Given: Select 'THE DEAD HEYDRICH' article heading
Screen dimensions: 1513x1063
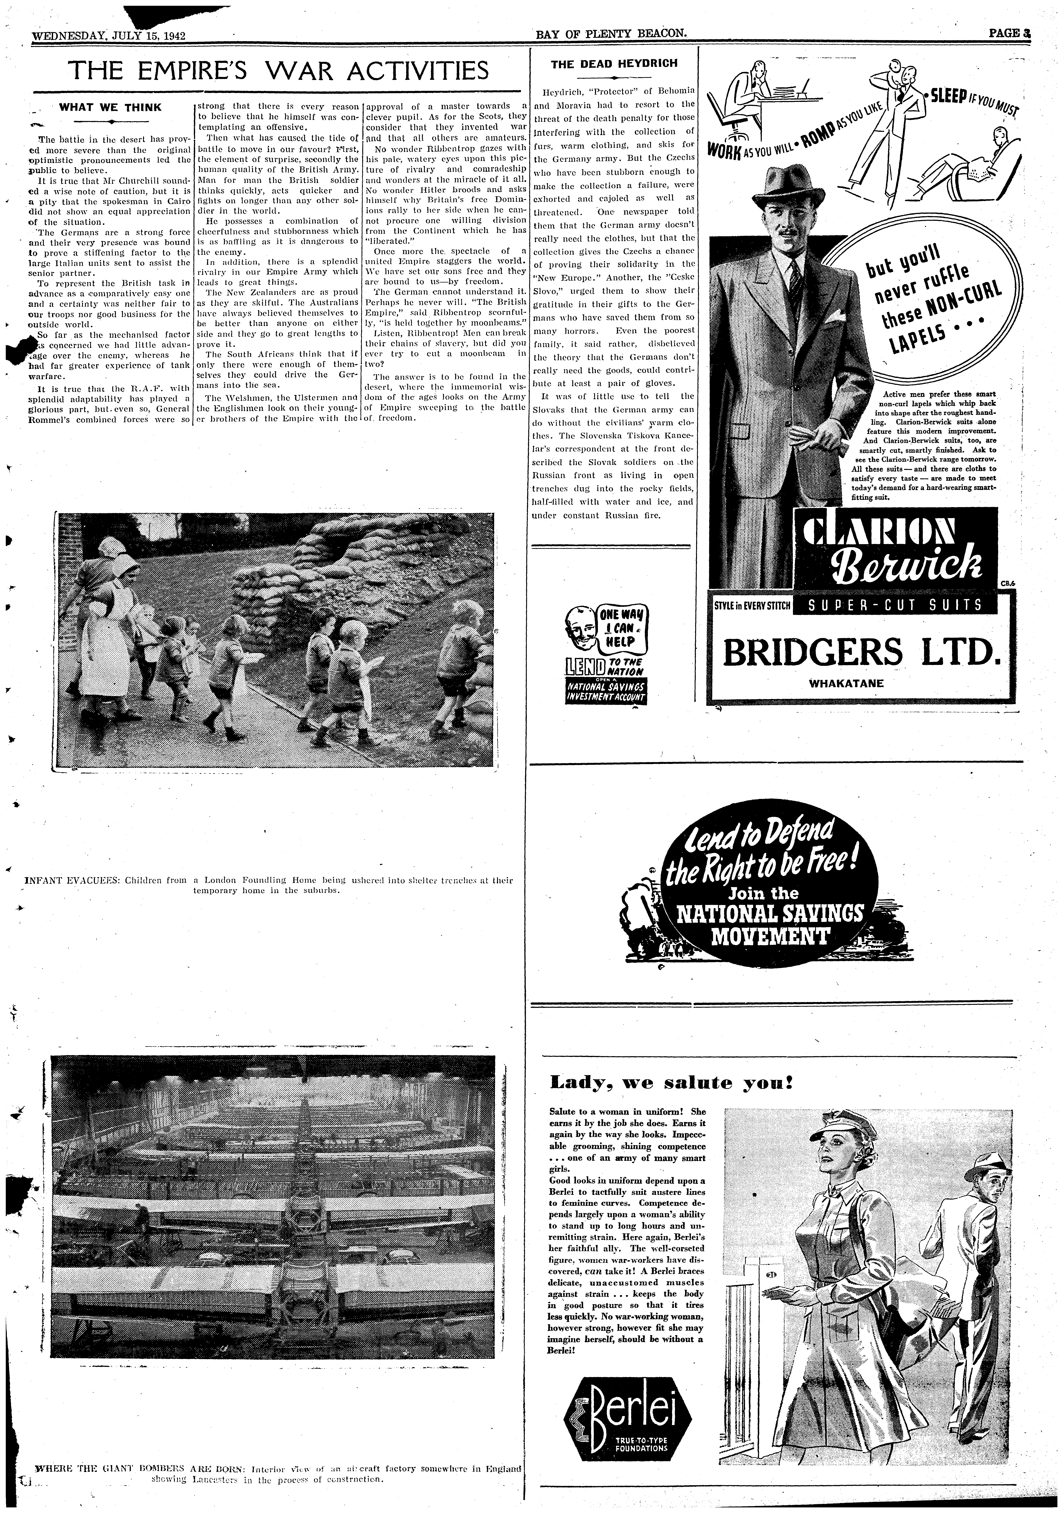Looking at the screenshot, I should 614,64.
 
